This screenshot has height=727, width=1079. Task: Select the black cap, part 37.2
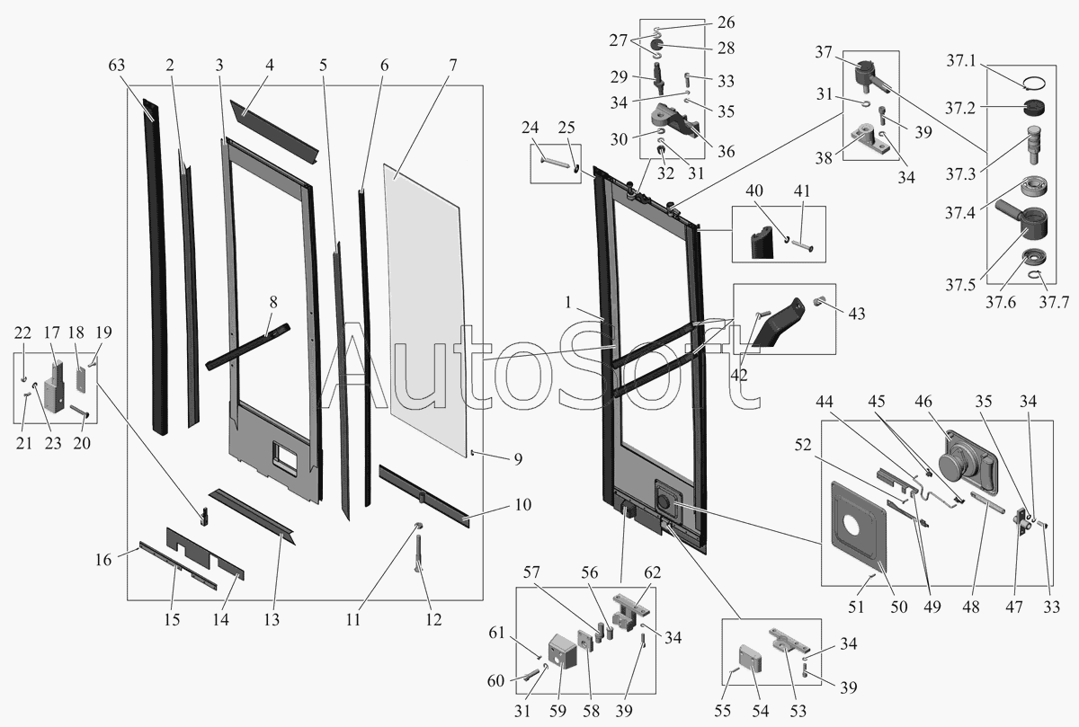point(1030,110)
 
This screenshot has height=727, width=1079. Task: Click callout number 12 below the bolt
point(433,619)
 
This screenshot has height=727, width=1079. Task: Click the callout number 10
point(522,506)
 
